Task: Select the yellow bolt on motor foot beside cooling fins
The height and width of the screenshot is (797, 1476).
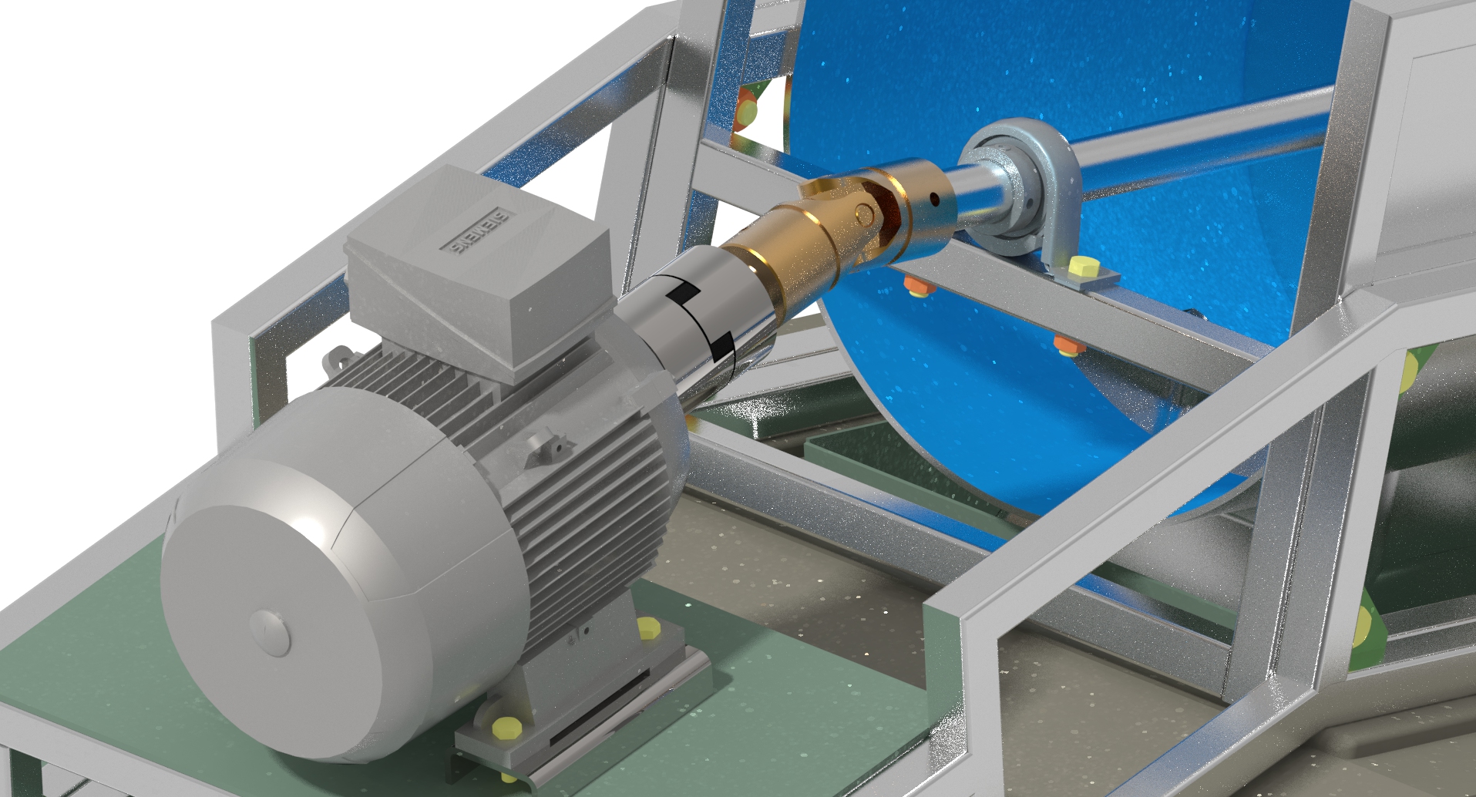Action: tap(650, 628)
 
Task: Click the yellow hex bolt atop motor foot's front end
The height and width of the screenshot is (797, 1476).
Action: tap(507, 726)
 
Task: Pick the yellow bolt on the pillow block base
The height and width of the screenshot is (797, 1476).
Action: tap(1081, 268)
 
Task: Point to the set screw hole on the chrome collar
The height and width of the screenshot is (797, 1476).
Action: tap(935, 199)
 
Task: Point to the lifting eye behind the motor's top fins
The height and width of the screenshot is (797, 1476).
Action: tap(335, 358)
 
